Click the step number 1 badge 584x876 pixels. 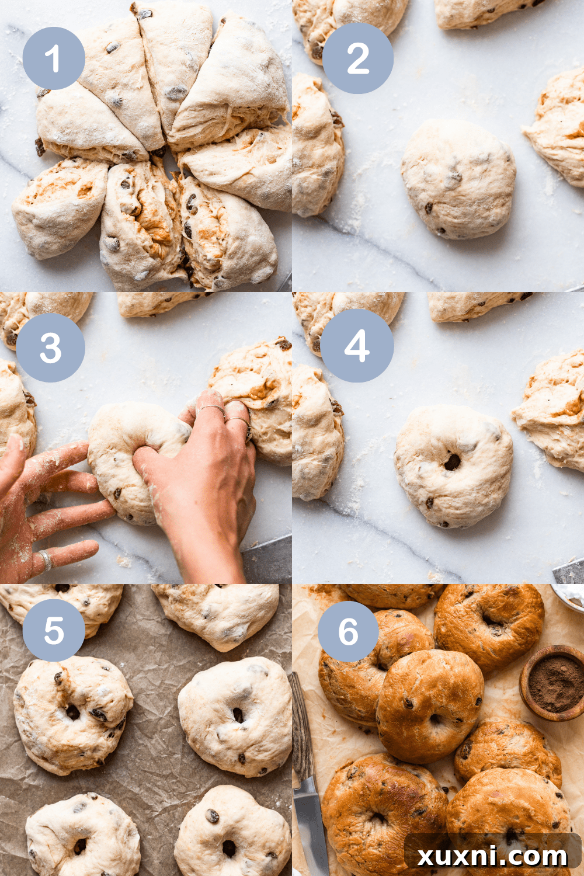(54, 58)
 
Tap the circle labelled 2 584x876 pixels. (357, 58)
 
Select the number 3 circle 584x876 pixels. (50, 347)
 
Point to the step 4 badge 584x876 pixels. (357, 346)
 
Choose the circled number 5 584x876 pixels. (54, 630)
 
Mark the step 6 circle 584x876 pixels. (348, 631)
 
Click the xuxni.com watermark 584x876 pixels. (492, 856)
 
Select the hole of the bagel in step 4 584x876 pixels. (453, 462)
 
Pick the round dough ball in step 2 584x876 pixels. (458, 178)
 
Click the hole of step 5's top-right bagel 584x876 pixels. (238, 715)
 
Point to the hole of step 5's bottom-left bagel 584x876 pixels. (79, 845)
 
